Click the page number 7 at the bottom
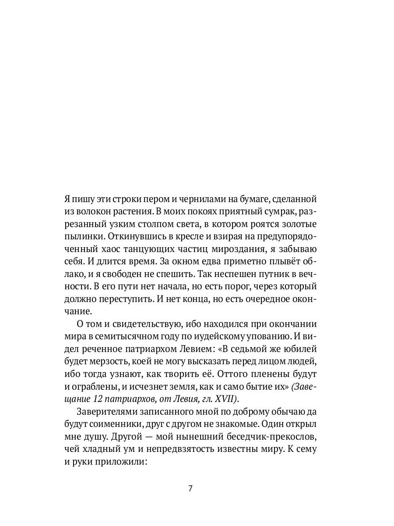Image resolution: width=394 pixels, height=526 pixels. point(190,489)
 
